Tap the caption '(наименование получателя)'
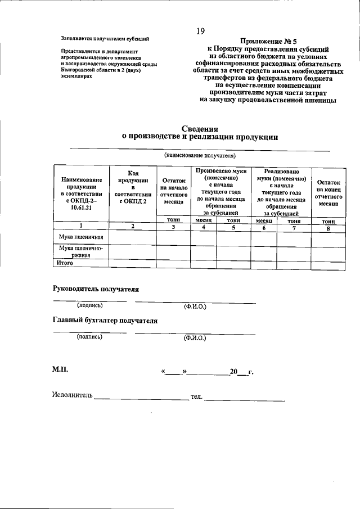pos(200,155)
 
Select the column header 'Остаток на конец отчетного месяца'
pos(328,193)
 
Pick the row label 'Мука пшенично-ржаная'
pos(80,251)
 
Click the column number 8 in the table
pos(328,227)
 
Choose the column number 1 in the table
pos(81,226)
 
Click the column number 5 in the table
pos(232,227)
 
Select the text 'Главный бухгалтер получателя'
pos(105,321)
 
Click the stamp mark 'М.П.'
pos(60,371)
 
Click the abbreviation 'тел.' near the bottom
pos(196,397)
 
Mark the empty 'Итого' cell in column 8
pos(328,263)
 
